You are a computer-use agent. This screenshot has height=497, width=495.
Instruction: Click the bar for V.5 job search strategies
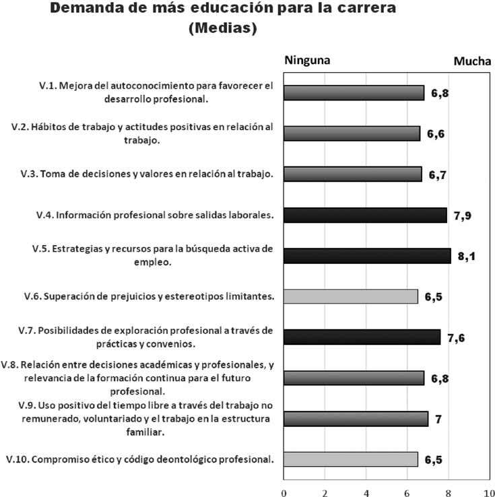(367, 256)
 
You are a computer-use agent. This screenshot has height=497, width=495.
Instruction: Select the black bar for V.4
(365, 215)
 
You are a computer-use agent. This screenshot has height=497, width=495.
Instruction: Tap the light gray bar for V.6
(351, 296)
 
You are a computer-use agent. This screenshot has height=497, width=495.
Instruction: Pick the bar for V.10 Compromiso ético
(351, 459)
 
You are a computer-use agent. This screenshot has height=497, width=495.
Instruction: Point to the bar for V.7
(362, 337)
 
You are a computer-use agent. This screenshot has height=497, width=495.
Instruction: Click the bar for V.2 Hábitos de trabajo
(352, 133)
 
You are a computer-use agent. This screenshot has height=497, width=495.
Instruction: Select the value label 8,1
(467, 256)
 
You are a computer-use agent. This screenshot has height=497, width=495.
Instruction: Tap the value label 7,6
(457, 337)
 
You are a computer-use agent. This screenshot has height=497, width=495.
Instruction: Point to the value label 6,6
(436, 134)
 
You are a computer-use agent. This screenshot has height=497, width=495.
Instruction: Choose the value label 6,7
(438, 175)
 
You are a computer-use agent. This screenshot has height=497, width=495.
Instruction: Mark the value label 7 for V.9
(438, 419)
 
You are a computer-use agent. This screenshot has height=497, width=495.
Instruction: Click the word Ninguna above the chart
(308, 59)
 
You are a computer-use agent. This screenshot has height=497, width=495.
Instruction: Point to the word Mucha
(471, 61)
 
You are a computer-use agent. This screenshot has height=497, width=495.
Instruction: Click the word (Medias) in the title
(223, 29)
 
